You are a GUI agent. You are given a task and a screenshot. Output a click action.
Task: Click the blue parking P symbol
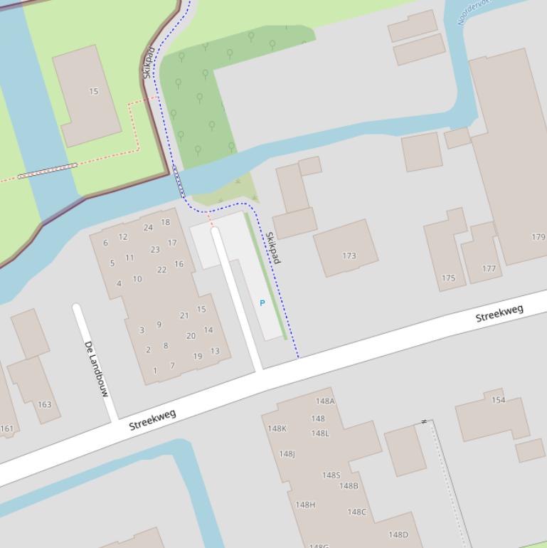coord(262,303)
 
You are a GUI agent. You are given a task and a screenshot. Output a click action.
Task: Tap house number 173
coord(349,255)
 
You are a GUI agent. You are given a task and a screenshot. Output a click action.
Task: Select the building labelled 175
coord(448,278)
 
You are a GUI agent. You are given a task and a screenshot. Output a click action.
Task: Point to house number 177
coord(489,268)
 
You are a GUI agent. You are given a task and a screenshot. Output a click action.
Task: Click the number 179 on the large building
coord(538,237)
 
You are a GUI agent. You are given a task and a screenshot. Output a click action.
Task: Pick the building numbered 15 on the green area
coord(93,91)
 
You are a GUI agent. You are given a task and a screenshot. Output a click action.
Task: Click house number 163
coord(44,404)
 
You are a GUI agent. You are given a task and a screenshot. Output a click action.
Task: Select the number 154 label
coord(499,400)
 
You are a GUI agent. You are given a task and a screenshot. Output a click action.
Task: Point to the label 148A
coord(325,401)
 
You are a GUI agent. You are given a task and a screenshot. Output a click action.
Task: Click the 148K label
coord(277,428)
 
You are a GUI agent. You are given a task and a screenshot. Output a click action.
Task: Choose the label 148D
coord(398,534)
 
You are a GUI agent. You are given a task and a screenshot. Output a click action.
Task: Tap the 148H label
coord(305,505)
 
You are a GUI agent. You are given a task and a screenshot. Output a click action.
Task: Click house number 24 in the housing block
coord(148,228)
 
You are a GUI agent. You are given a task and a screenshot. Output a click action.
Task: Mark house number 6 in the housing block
coord(105,243)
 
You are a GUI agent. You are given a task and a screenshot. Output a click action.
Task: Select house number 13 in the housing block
coord(215,351)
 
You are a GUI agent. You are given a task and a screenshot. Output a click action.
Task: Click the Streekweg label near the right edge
coord(499,313)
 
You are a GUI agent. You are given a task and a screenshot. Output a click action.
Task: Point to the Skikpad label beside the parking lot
coord(273,247)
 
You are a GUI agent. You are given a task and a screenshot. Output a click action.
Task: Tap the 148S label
coord(331,475)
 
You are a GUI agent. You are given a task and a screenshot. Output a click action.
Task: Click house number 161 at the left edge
coord(6,428)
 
